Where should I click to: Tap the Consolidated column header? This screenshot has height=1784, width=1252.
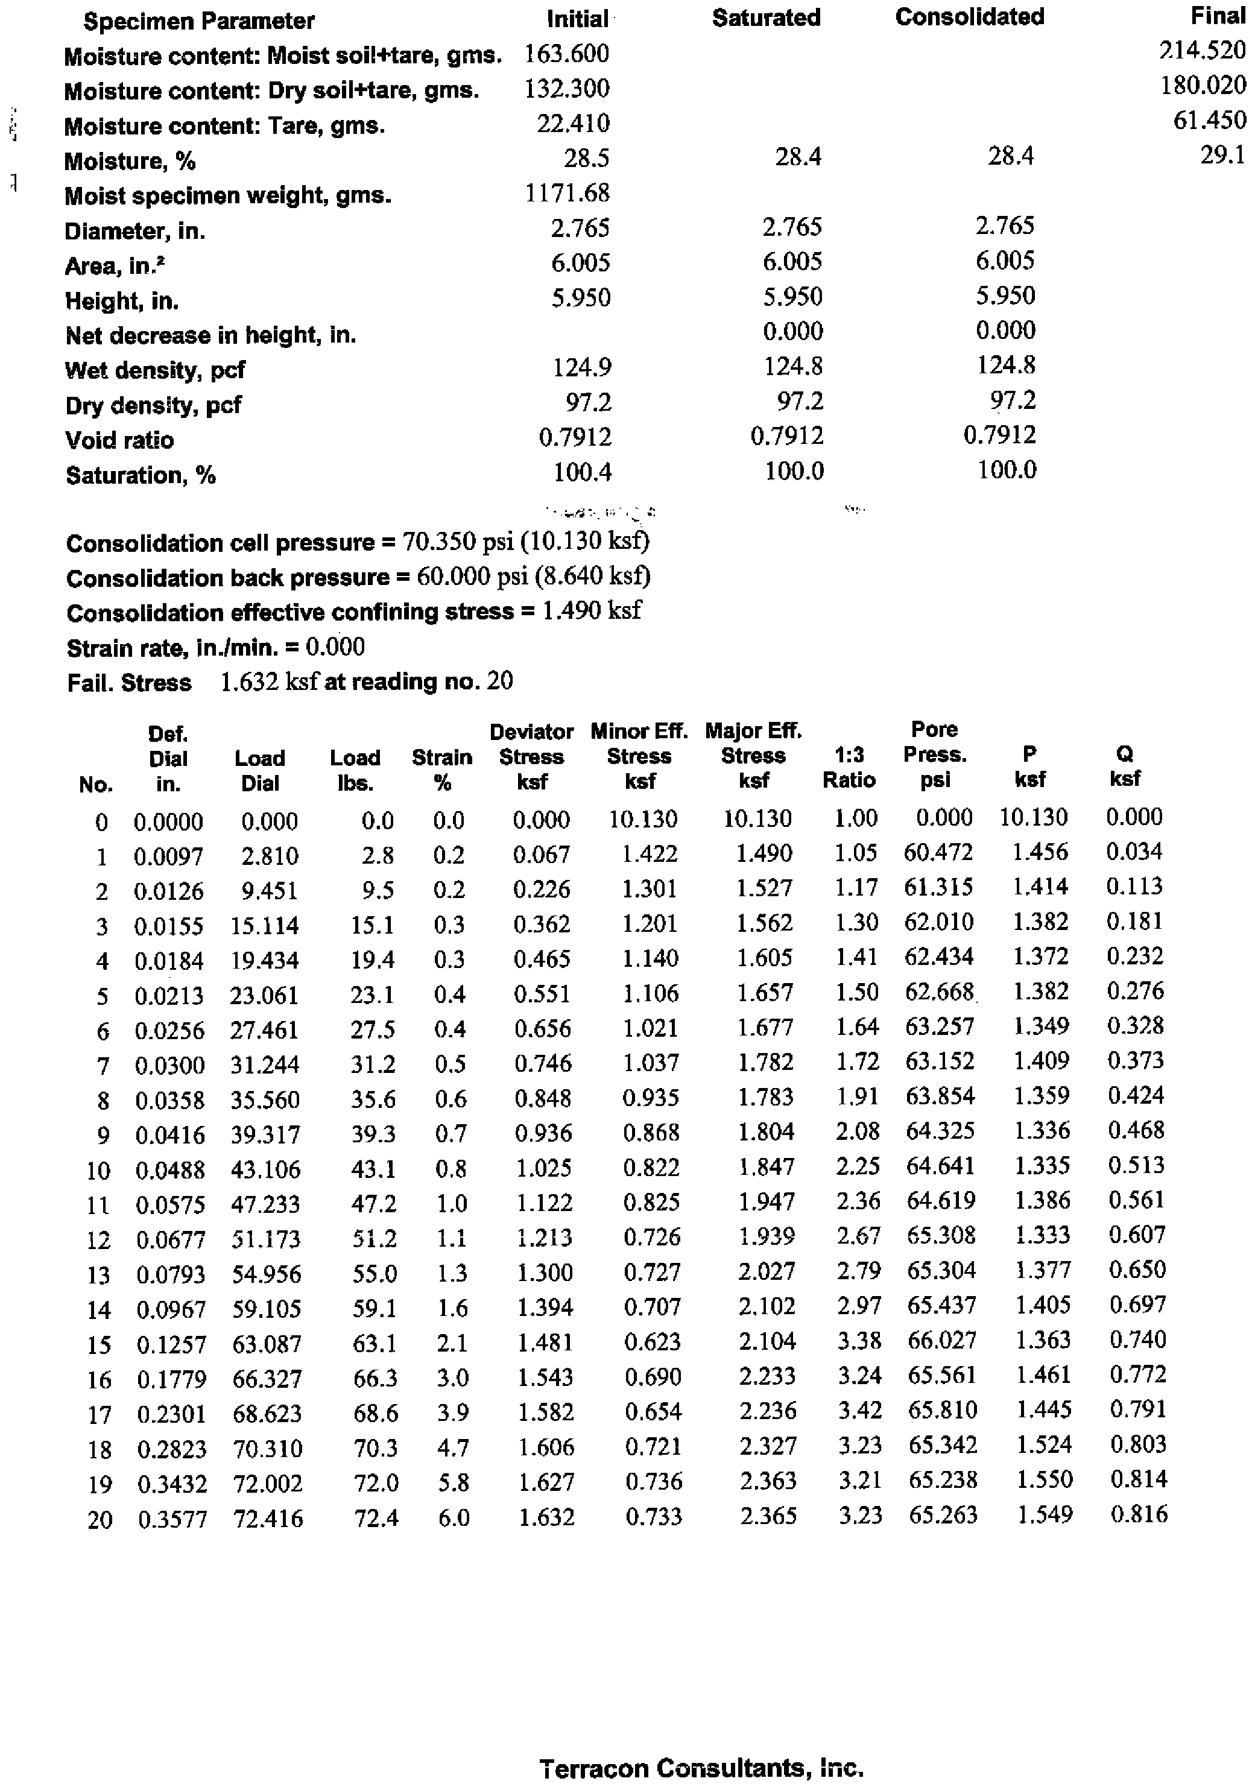(x=969, y=17)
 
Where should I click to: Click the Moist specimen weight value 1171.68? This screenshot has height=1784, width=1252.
(x=568, y=193)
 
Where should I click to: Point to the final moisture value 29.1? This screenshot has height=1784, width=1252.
(x=1222, y=154)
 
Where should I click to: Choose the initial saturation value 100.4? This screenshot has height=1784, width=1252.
(x=582, y=472)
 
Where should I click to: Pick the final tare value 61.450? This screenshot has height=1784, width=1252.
(x=1209, y=119)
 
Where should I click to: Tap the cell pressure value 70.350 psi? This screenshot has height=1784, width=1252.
(x=451, y=541)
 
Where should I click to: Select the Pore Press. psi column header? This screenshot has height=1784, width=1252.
(x=934, y=754)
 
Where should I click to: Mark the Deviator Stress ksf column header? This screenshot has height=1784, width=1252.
(x=531, y=756)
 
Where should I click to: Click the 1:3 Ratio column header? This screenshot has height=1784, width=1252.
(x=849, y=767)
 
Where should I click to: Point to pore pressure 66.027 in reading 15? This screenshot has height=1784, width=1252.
(x=941, y=1340)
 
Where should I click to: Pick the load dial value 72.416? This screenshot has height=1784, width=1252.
(x=268, y=1518)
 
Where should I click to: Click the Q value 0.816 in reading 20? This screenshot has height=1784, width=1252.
(x=1139, y=1514)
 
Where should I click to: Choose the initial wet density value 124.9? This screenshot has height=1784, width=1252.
(x=582, y=367)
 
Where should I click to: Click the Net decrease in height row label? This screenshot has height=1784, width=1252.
(x=210, y=335)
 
